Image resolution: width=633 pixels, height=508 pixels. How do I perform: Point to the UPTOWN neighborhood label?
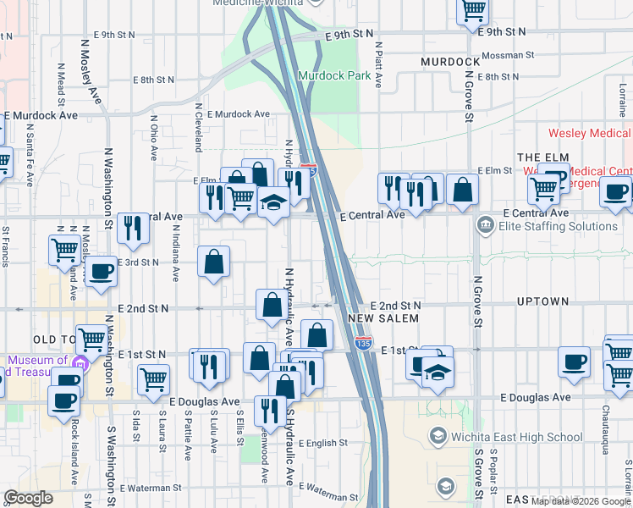(x=542, y=301)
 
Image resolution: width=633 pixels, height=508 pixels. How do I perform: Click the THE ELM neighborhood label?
(x=541, y=157)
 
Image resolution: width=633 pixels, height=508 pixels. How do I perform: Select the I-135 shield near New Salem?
(x=363, y=343)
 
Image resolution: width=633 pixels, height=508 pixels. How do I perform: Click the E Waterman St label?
(x=150, y=488)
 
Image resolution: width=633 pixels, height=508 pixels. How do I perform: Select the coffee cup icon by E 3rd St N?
(x=101, y=272)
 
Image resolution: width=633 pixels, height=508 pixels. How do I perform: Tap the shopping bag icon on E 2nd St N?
(x=272, y=306)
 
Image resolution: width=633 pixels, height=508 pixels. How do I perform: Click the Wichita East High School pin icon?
(x=438, y=436)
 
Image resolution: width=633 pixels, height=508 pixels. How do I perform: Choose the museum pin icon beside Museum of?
(x=80, y=365)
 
